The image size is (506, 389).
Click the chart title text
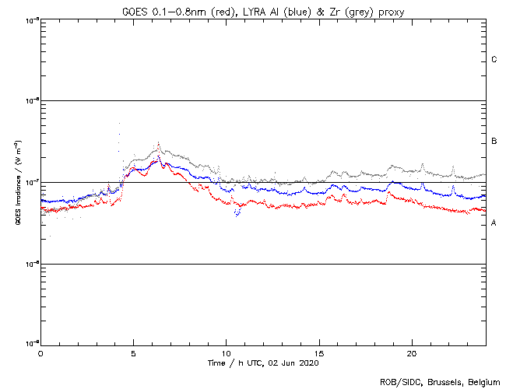click(x=263, y=9)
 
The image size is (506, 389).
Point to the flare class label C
click(x=494, y=60)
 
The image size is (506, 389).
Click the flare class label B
click(x=494, y=142)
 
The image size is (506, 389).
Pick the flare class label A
click(x=494, y=223)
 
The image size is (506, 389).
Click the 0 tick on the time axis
click(x=40, y=353)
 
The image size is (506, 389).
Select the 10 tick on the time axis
click(x=226, y=353)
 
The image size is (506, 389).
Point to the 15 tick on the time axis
click(x=319, y=353)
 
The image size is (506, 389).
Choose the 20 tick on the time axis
click(x=412, y=353)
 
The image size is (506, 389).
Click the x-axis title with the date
click(x=263, y=363)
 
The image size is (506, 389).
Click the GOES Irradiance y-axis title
click(x=17, y=182)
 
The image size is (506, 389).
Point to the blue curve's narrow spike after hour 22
click(x=453, y=186)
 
